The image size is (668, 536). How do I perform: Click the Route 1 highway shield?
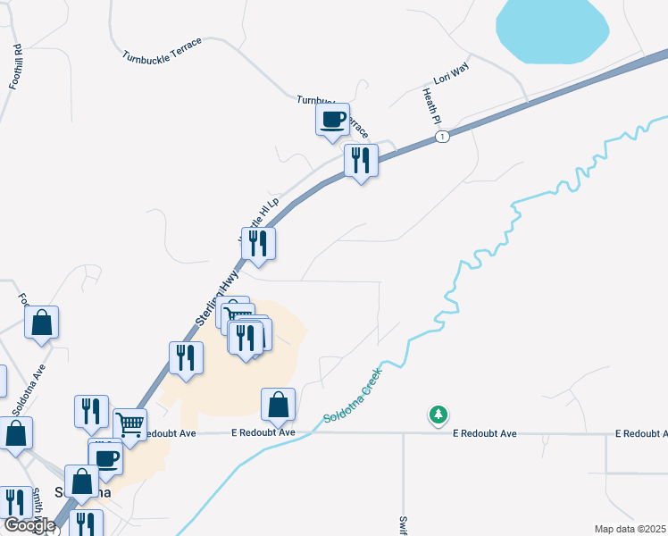[x=441, y=136]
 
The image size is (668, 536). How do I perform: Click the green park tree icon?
[x=438, y=415]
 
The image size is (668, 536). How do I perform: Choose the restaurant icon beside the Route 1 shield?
[x=361, y=161]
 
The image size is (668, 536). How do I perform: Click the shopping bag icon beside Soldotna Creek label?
[x=279, y=405]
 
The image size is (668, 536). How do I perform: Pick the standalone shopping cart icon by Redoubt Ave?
[x=129, y=424]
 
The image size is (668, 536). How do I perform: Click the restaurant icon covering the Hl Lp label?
[x=259, y=245]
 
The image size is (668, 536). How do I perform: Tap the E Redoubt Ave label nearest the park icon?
[x=484, y=433]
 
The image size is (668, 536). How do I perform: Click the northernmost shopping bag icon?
[x=41, y=322]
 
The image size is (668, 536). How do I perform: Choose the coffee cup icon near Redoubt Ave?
[x=107, y=459]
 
